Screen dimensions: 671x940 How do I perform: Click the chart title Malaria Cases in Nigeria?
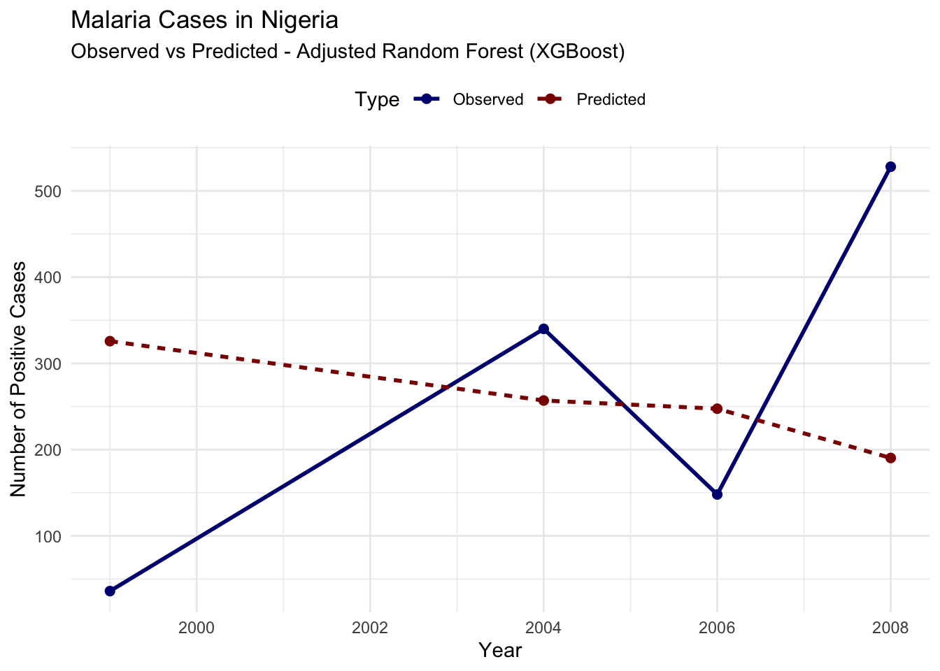(204, 20)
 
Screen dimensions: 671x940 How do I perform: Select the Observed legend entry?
(487, 99)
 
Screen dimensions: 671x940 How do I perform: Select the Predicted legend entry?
(611, 99)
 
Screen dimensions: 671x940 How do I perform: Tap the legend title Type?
(377, 100)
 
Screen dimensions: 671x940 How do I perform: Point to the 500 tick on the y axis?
(48, 191)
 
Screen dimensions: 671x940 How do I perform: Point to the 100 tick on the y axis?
(48, 536)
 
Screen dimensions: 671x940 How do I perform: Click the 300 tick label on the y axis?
(48, 363)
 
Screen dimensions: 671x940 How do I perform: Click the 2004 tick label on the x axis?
(543, 628)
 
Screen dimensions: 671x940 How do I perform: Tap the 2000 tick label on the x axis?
(197, 628)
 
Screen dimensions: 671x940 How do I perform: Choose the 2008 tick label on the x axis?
(890, 628)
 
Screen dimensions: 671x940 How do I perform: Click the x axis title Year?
(500, 651)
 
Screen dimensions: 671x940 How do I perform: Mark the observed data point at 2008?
(890, 166)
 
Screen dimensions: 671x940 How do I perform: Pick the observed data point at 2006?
(717, 494)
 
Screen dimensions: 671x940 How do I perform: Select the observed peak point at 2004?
(543, 329)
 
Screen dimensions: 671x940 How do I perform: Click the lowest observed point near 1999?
(110, 591)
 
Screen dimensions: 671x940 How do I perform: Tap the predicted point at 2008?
(890, 458)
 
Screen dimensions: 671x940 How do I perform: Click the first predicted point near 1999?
(110, 341)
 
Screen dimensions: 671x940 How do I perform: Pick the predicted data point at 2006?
(717, 408)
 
